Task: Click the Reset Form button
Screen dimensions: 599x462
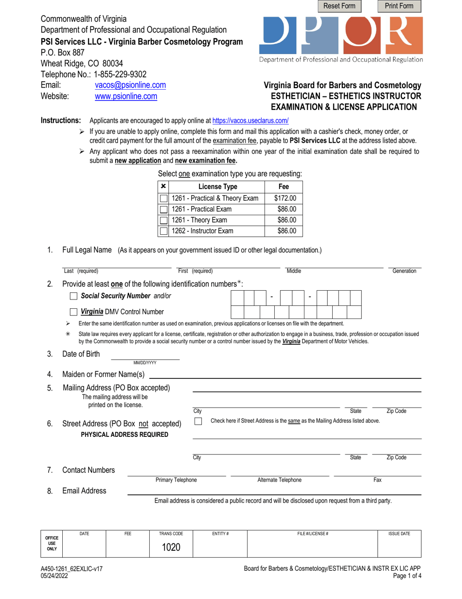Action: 339,6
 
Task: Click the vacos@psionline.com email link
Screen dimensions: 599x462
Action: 130,85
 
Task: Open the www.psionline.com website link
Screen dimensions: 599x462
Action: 125,96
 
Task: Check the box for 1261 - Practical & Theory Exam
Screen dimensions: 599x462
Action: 164,198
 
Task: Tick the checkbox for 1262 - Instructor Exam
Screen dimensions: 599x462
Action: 164,231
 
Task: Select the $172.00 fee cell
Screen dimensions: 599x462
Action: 285,198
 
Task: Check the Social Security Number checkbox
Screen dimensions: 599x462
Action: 73,296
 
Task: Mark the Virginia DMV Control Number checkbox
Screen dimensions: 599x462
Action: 73,312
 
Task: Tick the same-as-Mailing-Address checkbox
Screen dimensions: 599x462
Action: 198,421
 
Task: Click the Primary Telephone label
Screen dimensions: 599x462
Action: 176,480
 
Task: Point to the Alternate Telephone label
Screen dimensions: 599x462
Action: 279,480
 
